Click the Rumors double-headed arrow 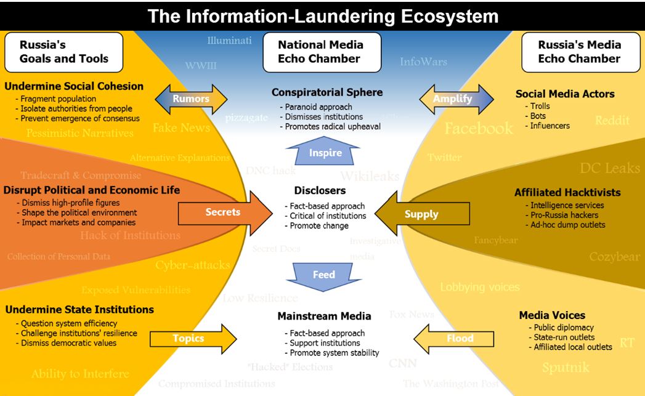tap(190, 99)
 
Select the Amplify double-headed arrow tap(456, 99)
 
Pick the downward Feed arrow tap(324, 275)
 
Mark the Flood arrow tap(456, 338)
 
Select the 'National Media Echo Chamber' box tap(320, 52)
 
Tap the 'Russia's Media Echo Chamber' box tap(579, 52)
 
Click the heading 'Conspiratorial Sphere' tap(327, 92)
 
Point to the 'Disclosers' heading tap(320, 190)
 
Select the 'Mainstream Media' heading tap(324, 316)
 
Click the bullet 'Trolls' tap(540, 106)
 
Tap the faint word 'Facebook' tap(479, 128)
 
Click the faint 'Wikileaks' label tap(370, 176)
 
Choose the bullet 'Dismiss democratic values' tap(68, 343)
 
